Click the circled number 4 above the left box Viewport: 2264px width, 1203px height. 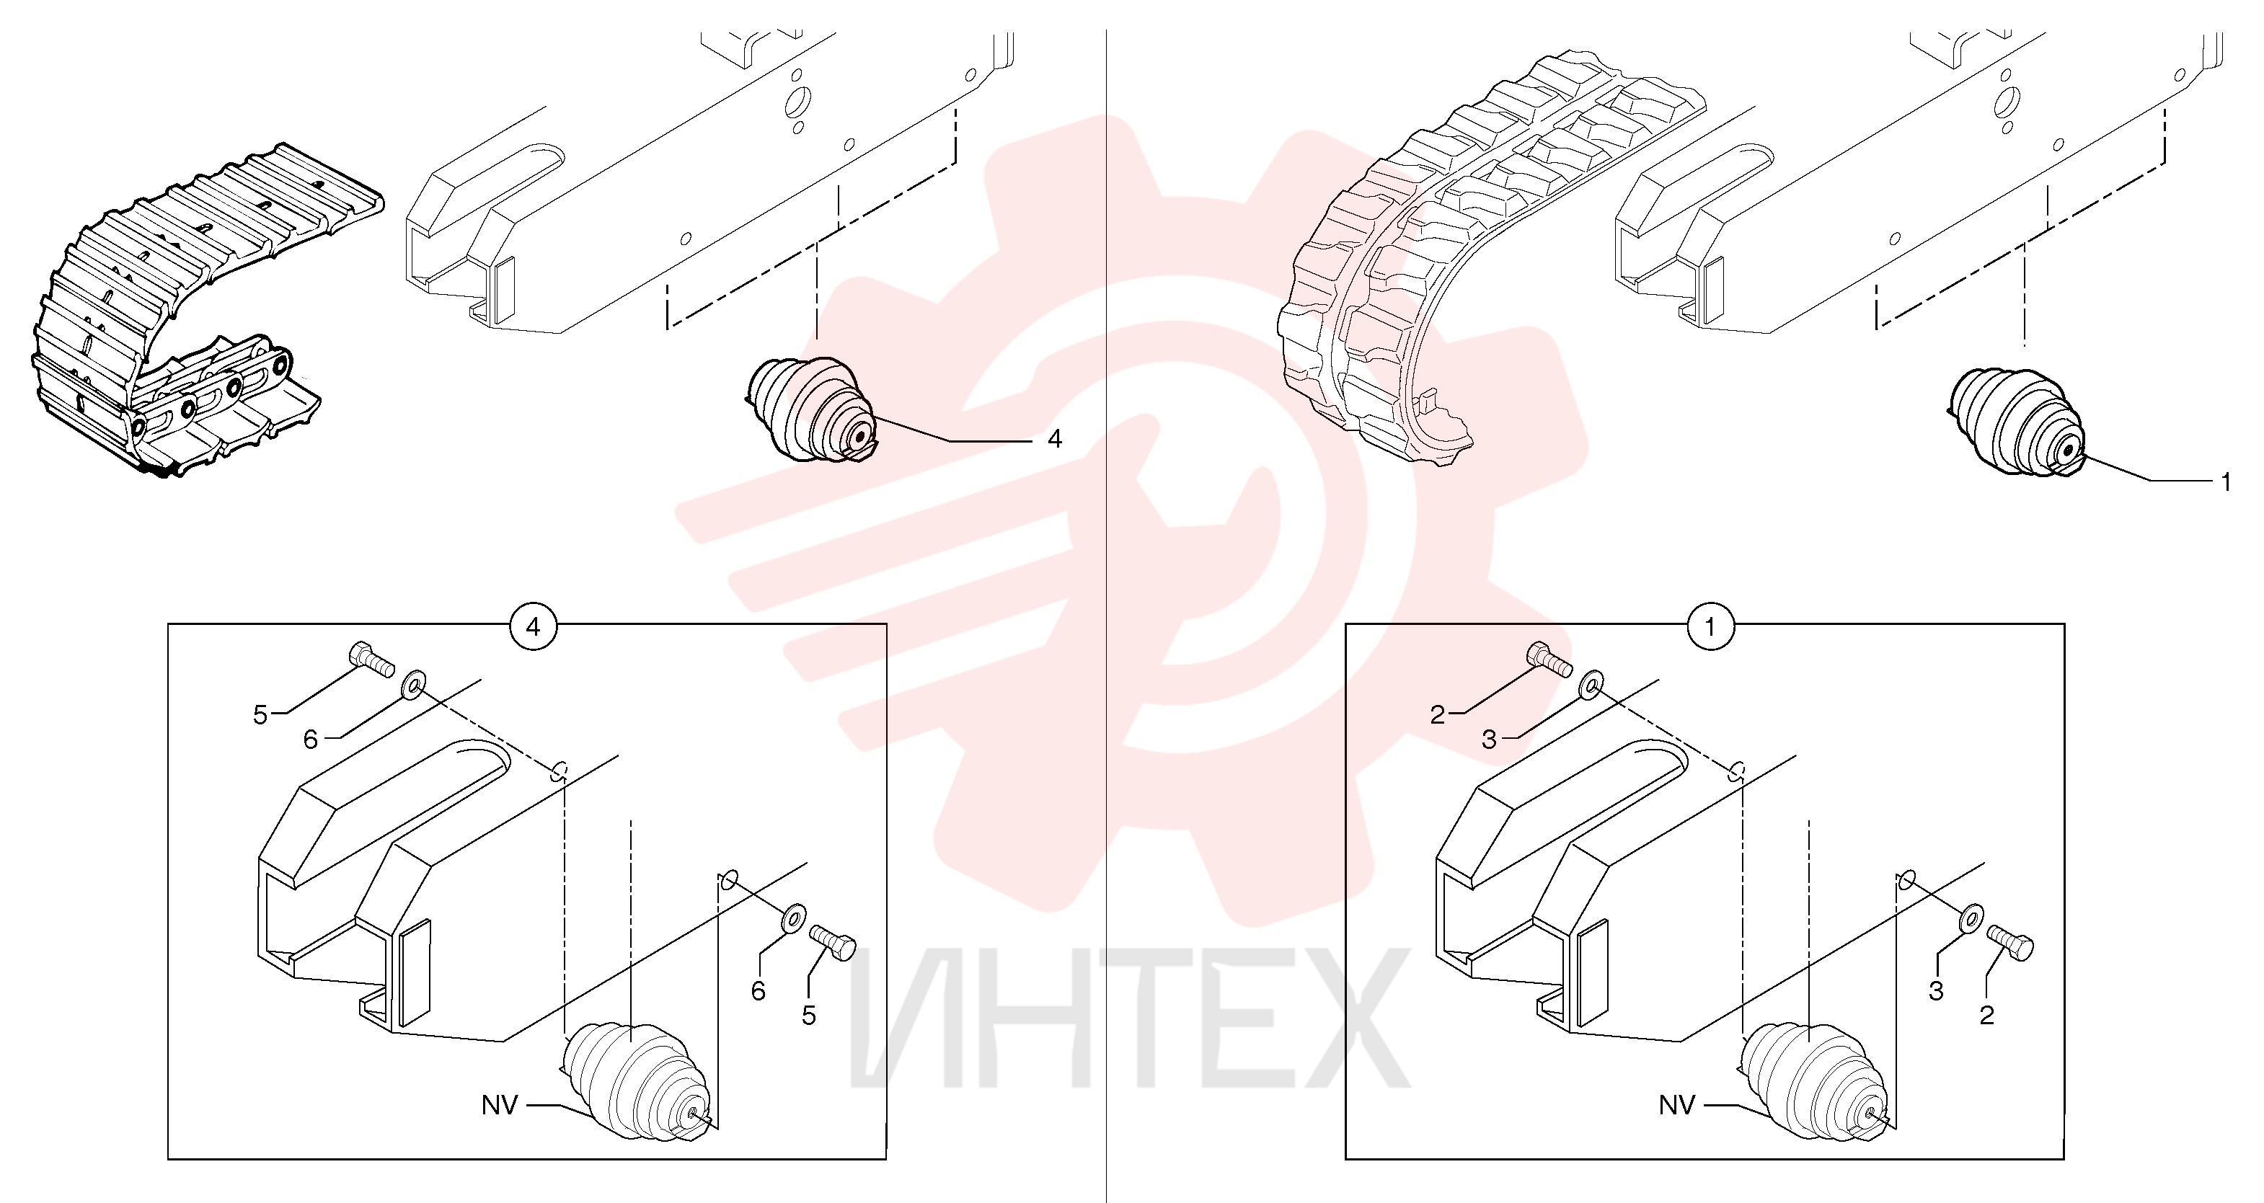pos(534,627)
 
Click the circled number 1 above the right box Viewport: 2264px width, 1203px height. pos(1710,627)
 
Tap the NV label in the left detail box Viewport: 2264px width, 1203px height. pos(500,1104)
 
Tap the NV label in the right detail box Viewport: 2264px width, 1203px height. pos(1677,1104)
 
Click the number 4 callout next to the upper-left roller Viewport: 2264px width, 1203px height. pos(1055,438)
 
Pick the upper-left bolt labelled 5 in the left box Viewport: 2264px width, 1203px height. pos(373,659)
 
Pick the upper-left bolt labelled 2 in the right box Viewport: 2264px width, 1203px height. pos(1549,659)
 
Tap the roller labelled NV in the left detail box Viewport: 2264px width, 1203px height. pos(637,1081)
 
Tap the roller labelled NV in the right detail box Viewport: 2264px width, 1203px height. pos(1814,1081)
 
